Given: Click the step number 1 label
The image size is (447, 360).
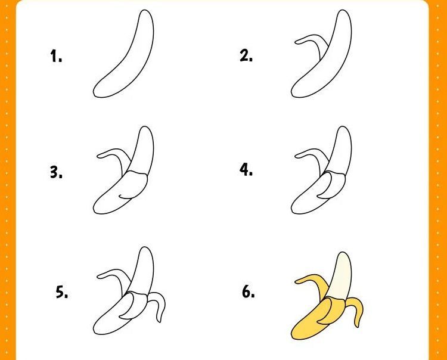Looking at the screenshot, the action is (56, 56).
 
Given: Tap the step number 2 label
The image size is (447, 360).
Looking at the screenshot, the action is (246, 55).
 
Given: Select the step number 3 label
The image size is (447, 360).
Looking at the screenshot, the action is (56, 172).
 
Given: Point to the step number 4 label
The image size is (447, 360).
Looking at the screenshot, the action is (246, 170).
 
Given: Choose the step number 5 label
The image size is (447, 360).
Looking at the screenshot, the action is (61, 292).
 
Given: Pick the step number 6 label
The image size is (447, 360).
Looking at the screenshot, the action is (249, 291).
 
